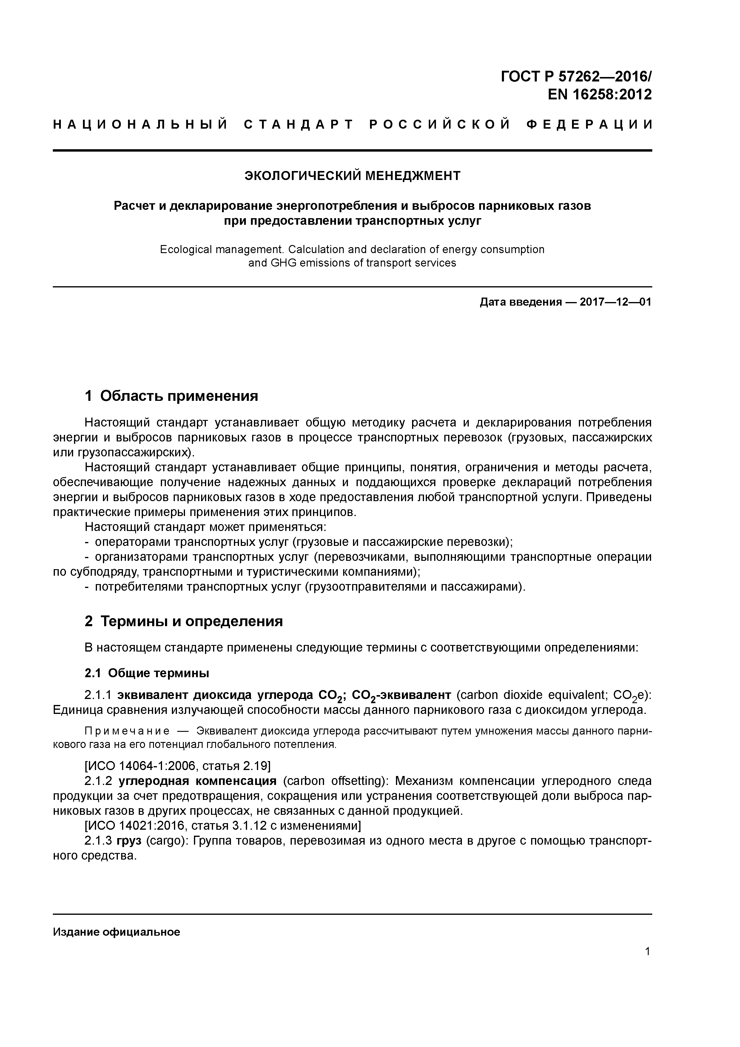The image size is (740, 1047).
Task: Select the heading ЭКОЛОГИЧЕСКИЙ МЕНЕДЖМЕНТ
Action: (x=352, y=175)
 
